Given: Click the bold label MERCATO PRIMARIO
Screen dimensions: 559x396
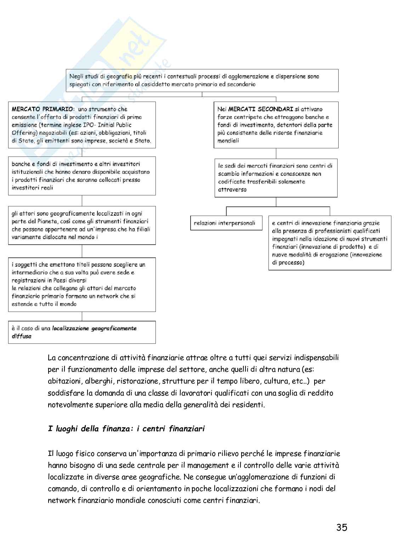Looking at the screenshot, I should [x=43, y=109].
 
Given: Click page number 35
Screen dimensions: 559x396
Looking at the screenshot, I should [x=341, y=528].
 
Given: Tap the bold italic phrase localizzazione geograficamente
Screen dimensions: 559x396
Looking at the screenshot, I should [x=94, y=329].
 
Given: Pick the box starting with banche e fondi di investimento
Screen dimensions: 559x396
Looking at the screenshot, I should [x=82, y=176].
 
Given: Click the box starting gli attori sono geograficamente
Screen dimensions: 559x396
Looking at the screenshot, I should [x=82, y=226].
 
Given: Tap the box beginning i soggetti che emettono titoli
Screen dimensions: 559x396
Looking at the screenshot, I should [x=82, y=284].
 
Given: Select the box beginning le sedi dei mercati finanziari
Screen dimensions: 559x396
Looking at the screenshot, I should [x=276, y=178].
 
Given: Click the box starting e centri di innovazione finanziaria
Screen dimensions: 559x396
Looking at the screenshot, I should [x=329, y=243].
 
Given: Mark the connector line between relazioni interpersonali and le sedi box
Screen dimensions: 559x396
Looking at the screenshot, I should [x=227, y=211].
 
